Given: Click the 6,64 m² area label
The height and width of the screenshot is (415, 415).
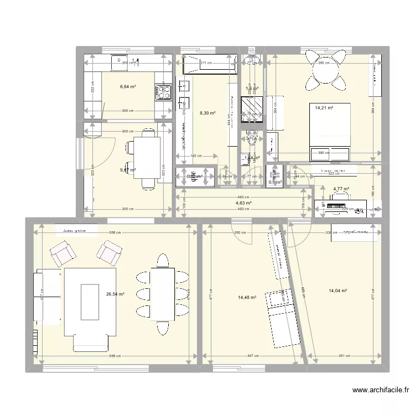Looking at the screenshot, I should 128,86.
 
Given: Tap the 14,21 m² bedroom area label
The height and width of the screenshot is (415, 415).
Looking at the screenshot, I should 324,108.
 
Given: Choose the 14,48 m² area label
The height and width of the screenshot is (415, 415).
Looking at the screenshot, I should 247,298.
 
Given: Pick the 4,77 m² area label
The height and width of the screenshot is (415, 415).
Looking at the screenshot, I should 341,189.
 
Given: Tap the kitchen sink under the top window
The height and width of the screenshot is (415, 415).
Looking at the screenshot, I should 120,63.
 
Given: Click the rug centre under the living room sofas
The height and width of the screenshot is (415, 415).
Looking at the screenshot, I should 90,302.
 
